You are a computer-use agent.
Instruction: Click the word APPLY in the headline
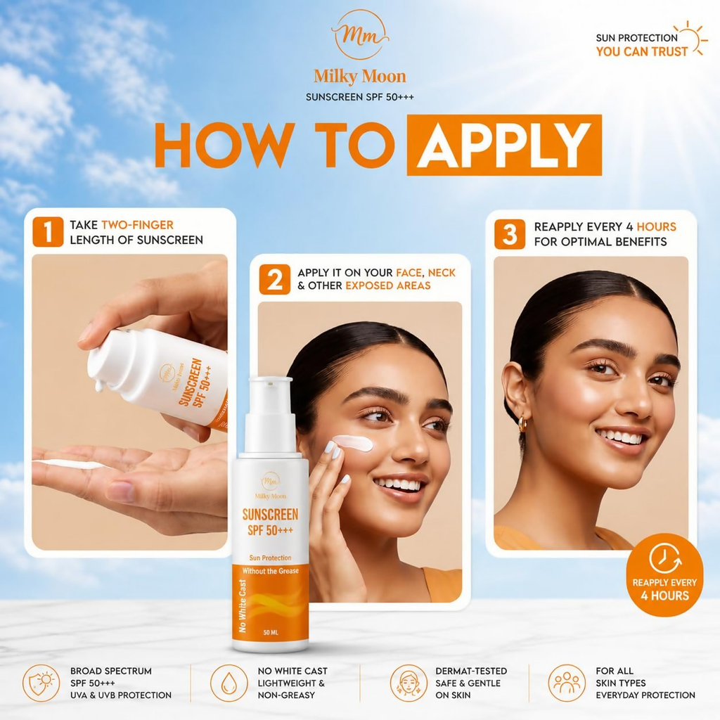pos(504,146)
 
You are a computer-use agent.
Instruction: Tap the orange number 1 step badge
pos(48,232)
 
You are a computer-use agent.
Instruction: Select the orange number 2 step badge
pos(275,279)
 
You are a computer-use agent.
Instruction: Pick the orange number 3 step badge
pos(510,234)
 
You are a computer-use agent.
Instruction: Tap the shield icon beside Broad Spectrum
pos(41,683)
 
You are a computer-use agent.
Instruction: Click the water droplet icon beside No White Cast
pos(229,683)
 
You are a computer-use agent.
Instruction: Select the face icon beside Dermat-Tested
pos(409,683)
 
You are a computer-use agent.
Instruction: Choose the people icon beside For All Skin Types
pos(567,683)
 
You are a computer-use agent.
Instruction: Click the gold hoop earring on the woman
pos(522,424)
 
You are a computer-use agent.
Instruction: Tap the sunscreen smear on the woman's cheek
pos(353,443)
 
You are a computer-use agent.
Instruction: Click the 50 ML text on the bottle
pos(271,633)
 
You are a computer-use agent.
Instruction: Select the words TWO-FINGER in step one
pos(137,225)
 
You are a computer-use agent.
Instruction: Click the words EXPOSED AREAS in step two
pos(388,285)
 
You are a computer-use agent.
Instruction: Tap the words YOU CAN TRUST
pos(642,51)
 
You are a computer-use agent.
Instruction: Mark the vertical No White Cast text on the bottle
pos(243,605)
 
